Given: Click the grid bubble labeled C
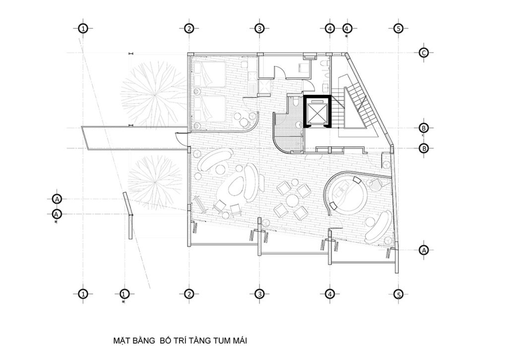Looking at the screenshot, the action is pos(424,53).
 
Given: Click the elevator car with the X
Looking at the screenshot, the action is pos(316,112).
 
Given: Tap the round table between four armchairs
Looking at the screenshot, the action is pos(292,200).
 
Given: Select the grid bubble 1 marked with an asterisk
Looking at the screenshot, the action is pos(124,294).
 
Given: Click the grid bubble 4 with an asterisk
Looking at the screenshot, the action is pos(347,28).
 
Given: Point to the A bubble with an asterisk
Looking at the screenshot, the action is pos(57,214).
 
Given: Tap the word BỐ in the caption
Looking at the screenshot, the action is pos(166,341).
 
